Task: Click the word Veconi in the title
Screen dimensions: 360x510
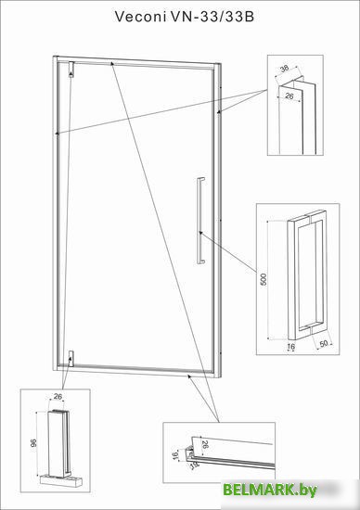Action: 140,17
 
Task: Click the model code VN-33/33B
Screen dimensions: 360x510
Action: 212,17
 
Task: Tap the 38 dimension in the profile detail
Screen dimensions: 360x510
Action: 285,69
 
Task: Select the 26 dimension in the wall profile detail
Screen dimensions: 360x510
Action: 289,96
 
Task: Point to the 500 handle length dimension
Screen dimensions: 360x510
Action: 264,279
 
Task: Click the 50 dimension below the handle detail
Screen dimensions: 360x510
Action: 324,343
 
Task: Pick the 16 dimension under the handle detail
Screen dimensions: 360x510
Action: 291,347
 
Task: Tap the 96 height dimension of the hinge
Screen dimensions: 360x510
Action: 33,442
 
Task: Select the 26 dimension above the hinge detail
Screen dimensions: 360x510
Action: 58,397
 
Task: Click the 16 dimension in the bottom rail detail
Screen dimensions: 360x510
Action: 175,455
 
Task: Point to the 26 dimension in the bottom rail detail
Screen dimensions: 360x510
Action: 205,444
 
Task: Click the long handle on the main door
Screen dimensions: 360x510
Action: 200,220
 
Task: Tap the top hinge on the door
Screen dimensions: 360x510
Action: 72,69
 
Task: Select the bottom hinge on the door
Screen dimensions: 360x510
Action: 71,359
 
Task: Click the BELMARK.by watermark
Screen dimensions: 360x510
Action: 270,490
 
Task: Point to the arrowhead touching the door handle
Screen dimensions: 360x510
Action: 200,232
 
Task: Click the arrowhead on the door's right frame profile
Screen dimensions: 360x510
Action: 219,112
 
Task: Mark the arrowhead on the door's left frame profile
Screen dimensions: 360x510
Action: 58,133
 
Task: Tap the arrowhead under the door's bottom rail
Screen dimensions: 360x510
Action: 189,376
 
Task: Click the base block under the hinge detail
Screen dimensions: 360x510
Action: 61,480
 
